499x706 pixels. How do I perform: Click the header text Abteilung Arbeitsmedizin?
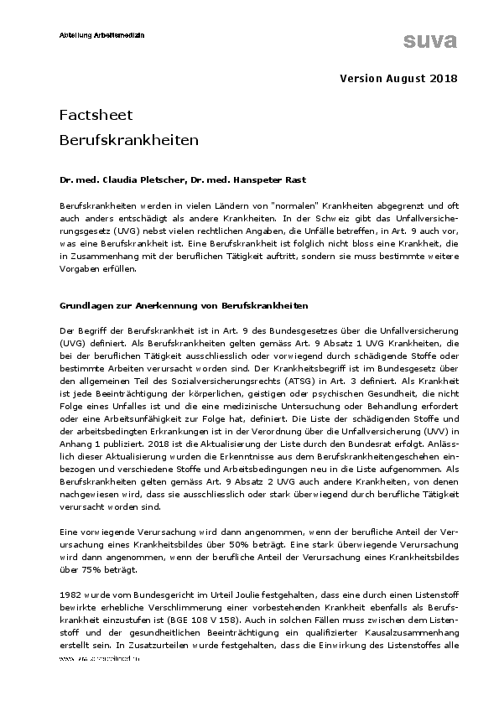(101, 34)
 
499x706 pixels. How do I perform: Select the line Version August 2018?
(398, 79)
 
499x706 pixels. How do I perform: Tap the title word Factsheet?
(96, 114)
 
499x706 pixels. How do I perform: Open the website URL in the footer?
(98, 658)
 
